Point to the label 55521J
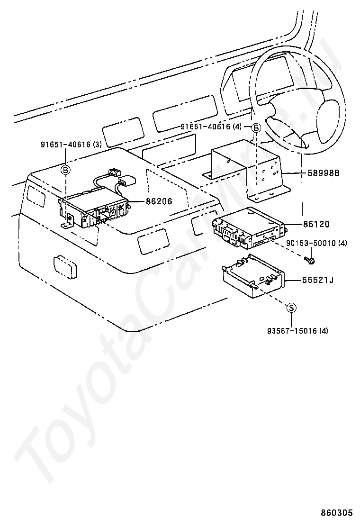(x=318, y=280)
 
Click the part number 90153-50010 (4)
(x=316, y=243)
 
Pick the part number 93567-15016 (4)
(x=297, y=330)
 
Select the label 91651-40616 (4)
(x=211, y=127)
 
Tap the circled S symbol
(x=292, y=308)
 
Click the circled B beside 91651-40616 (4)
(x=255, y=127)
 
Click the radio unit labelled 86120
(x=249, y=227)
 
